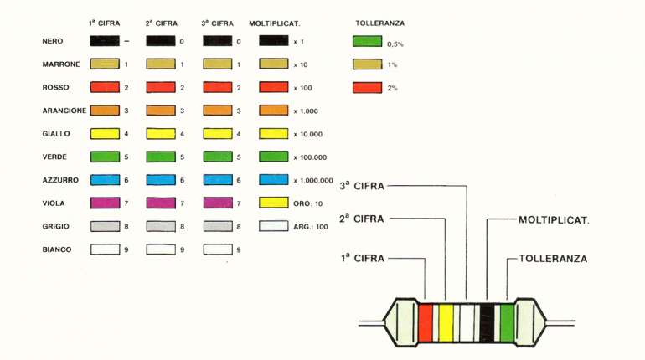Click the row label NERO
click(x=53, y=41)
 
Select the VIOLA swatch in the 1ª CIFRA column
click(x=105, y=203)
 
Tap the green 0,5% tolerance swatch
click(x=368, y=41)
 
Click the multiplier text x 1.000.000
click(x=313, y=180)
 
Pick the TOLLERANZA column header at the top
click(x=380, y=23)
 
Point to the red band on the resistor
click(x=426, y=322)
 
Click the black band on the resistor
click(x=487, y=322)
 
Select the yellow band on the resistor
click(x=446, y=322)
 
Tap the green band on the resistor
click(x=507, y=322)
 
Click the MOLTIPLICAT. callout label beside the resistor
click(x=554, y=220)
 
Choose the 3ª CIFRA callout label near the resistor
click(x=362, y=186)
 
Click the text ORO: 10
click(x=307, y=203)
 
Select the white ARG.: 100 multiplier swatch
click(x=274, y=225)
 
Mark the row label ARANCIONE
click(x=64, y=111)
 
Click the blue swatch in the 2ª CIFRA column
click(x=161, y=180)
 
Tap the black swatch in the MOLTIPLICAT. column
click(x=274, y=41)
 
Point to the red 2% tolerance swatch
click(x=368, y=88)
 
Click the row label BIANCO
click(x=57, y=249)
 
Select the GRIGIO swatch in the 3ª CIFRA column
click(x=218, y=226)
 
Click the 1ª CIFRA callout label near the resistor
click(x=363, y=258)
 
